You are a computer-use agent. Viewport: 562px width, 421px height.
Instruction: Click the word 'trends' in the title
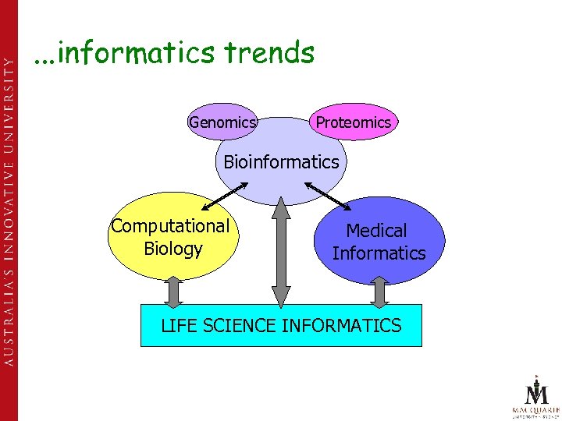pyautogui.click(x=269, y=53)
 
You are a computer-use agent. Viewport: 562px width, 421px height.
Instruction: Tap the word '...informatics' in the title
pyautogui.click(x=124, y=53)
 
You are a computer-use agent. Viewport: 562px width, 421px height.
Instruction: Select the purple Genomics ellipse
pyautogui.click(x=222, y=122)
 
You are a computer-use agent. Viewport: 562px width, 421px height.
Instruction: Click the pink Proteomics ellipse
pyautogui.click(x=353, y=122)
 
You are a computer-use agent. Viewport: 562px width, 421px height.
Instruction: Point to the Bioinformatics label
pyautogui.click(x=281, y=162)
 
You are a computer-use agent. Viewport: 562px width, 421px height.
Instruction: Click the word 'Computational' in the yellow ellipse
pyautogui.click(x=170, y=226)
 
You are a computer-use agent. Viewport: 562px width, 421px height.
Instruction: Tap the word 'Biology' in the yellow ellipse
pyautogui.click(x=173, y=249)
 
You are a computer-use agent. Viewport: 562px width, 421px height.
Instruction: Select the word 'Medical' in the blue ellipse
pyautogui.click(x=376, y=231)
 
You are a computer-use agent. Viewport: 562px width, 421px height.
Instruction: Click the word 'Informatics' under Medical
pyautogui.click(x=379, y=253)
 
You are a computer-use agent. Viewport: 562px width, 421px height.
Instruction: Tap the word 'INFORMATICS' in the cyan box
pyautogui.click(x=341, y=325)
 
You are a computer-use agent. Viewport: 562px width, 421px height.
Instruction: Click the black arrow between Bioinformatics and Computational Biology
pyautogui.click(x=226, y=196)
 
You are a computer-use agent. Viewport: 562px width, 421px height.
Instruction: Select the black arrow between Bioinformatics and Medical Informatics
pyautogui.click(x=328, y=195)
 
